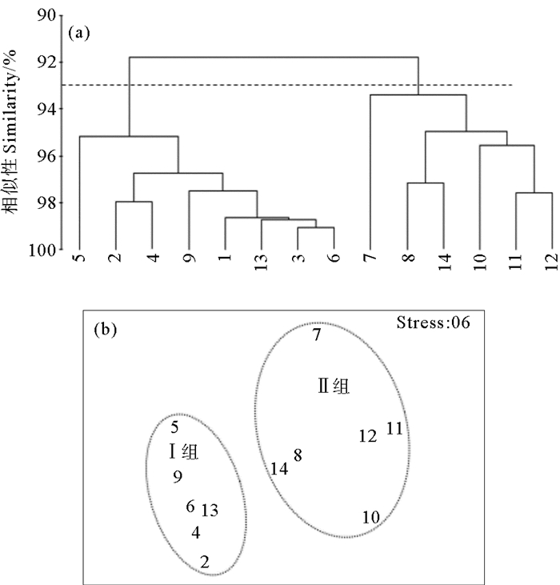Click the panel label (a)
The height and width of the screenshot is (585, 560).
click(79, 33)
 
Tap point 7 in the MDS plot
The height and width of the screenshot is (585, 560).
click(317, 335)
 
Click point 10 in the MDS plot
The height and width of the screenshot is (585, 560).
click(370, 518)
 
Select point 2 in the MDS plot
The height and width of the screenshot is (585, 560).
click(205, 562)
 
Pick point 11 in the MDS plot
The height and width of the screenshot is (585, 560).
click(394, 428)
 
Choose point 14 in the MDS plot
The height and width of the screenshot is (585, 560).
click(278, 469)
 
